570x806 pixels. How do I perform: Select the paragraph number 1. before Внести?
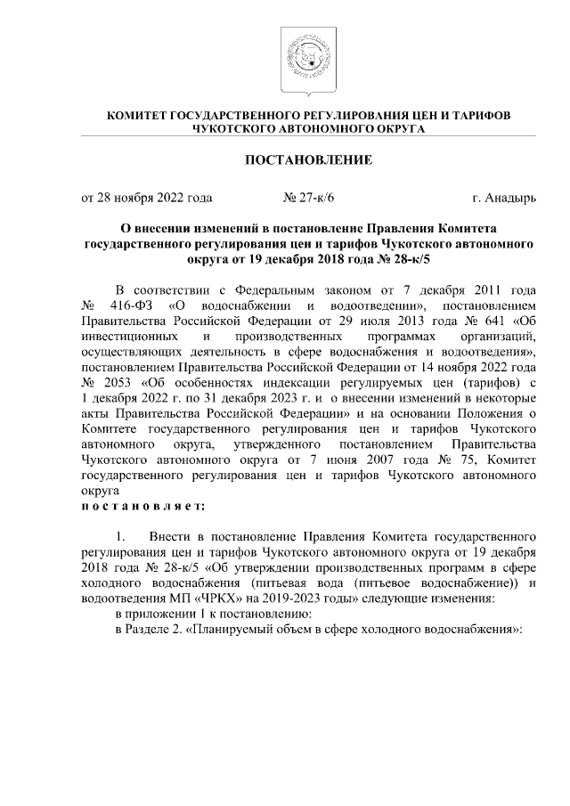[x=123, y=537]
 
